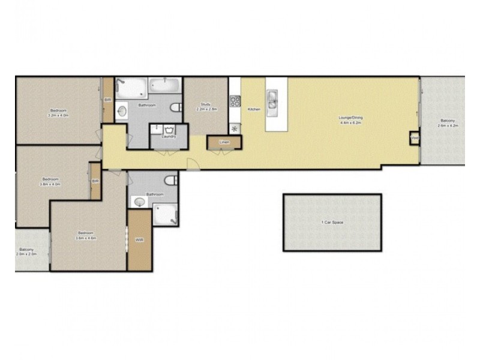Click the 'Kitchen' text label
tap(254, 109)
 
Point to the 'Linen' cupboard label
tap(224, 142)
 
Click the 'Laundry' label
tap(169, 137)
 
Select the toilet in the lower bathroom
tap(172, 179)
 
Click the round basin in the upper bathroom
tap(122, 111)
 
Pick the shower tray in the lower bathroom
tap(166, 214)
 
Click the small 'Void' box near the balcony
tap(414, 138)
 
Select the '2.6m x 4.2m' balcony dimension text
tap(448, 126)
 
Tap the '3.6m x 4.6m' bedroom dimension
tap(86, 238)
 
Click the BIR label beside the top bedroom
tap(107, 100)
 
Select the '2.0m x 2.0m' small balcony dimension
tap(26, 254)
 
